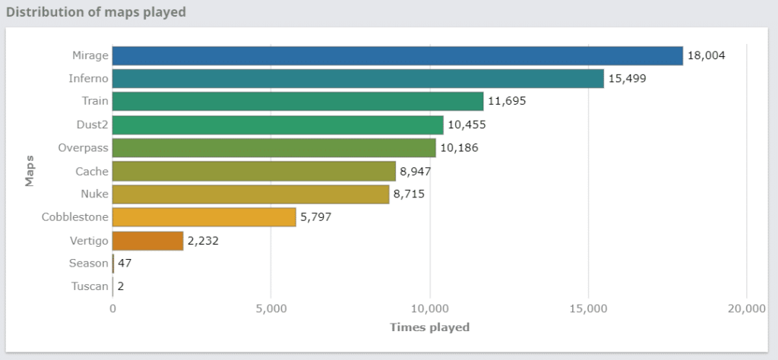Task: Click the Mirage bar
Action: [x=397, y=55]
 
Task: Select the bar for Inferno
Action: [x=358, y=78]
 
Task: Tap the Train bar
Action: [x=298, y=101]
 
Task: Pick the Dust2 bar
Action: [x=278, y=125]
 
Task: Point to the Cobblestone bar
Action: [x=204, y=217]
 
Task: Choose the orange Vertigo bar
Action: [x=148, y=241]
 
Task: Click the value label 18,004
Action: [x=707, y=55]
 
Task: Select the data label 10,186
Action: [x=459, y=148]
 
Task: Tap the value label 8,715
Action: [x=409, y=194]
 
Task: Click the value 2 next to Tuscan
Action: [x=121, y=287]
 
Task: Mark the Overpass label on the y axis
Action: [x=84, y=148]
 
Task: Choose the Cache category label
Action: [x=92, y=171]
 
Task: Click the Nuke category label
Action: [x=95, y=194]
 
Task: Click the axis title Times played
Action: [x=429, y=327]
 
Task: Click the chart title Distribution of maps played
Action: [x=96, y=12]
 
